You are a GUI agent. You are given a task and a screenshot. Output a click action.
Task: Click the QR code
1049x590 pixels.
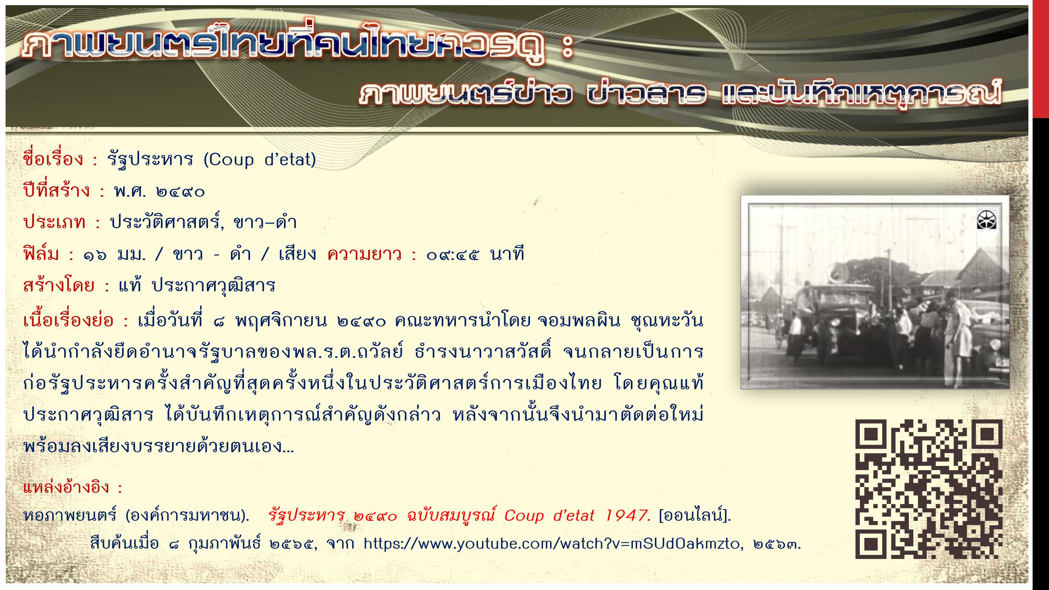click(928, 489)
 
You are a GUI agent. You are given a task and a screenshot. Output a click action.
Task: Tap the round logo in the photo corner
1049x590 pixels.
click(986, 221)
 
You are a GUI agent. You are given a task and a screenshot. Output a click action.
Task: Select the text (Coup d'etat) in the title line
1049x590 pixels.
click(259, 160)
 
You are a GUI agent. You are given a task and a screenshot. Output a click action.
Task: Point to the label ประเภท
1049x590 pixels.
click(55, 222)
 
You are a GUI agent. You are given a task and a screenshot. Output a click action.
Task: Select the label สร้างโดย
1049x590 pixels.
click(59, 286)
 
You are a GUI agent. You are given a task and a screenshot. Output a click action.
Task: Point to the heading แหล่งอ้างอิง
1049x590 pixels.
click(66, 487)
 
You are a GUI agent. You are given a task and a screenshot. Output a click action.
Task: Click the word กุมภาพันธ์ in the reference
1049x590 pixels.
click(224, 544)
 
